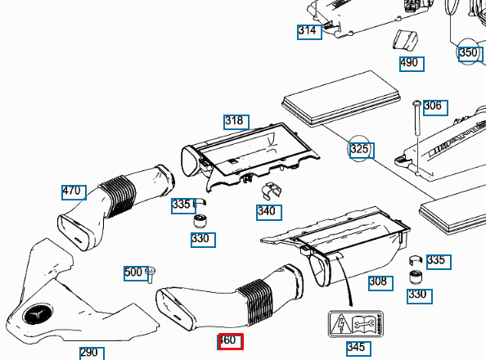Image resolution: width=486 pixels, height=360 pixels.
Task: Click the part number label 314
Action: (x=307, y=31)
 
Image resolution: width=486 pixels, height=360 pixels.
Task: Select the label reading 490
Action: (x=409, y=63)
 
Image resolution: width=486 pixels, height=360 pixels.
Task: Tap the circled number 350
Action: (x=468, y=53)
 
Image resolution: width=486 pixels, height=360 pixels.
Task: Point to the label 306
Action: (x=434, y=106)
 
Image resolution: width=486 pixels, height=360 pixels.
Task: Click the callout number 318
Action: (x=235, y=121)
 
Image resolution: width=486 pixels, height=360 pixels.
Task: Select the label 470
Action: (x=73, y=191)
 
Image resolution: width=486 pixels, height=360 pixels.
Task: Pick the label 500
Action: (x=133, y=272)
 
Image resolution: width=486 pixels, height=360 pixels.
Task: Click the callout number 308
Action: (x=378, y=282)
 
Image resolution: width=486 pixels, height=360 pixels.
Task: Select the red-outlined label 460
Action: (x=230, y=341)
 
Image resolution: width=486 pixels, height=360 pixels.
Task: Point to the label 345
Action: (x=357, y=348)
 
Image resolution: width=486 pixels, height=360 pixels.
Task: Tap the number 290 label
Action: (x=90, y=353)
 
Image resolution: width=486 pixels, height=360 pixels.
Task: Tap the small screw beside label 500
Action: (x=151, y=273)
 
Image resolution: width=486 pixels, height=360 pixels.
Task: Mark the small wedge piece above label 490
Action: (x=405, y=41)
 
